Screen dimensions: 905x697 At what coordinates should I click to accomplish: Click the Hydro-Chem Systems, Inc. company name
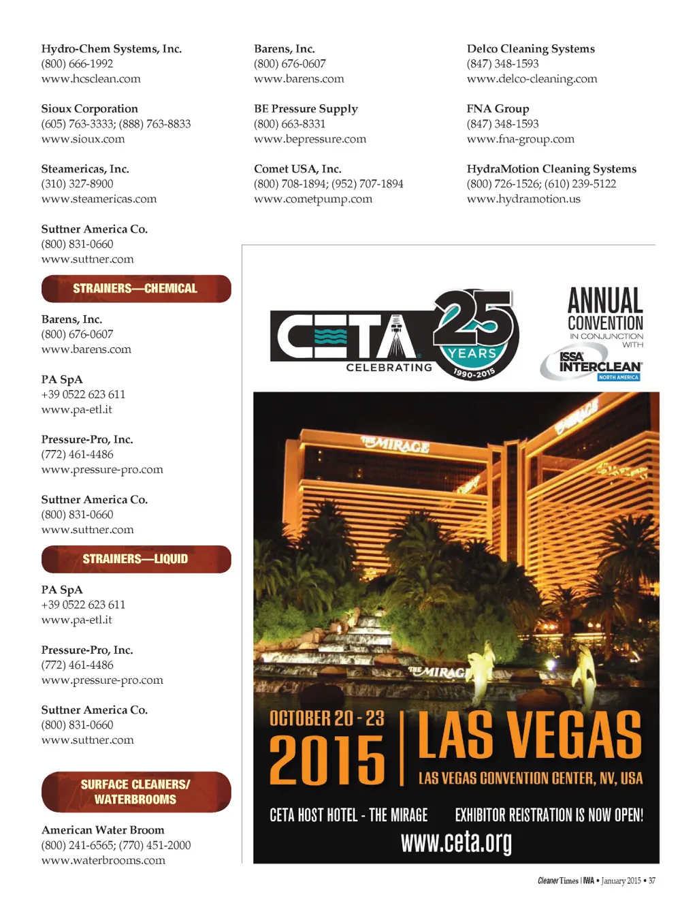pos(111,49)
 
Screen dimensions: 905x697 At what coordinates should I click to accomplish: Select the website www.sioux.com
pos(83,139)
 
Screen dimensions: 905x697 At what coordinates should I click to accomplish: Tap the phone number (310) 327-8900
pos(77,184)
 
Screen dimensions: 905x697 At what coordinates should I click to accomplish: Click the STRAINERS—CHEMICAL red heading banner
pos(136,289)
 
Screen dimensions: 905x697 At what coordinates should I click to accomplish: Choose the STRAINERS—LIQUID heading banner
pos(136,559)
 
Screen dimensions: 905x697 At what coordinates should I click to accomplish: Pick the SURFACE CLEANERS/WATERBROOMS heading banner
pos(136,792)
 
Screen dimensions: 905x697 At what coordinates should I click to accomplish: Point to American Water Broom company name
pos(103,830)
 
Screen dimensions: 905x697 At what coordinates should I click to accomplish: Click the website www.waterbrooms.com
pos(103,861)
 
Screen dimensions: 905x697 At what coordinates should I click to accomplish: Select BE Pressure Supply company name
pos(306,109)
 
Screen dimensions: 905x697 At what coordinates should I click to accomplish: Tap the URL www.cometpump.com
pos(313,199)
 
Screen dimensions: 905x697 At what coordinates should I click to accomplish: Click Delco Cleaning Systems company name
pos(530,49)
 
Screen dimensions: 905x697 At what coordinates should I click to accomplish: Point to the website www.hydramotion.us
pos(523,199)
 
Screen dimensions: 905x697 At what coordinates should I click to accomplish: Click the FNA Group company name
pos(498,109)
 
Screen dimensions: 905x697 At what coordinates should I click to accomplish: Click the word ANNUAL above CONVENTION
pos(605,300)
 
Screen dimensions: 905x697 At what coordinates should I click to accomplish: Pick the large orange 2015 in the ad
pos(327,760)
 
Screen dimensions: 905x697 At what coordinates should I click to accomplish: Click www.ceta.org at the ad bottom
pos(456,842)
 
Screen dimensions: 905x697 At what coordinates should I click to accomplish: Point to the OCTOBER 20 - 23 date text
pos(327,718)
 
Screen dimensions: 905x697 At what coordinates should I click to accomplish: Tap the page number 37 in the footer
pos(652,881)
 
